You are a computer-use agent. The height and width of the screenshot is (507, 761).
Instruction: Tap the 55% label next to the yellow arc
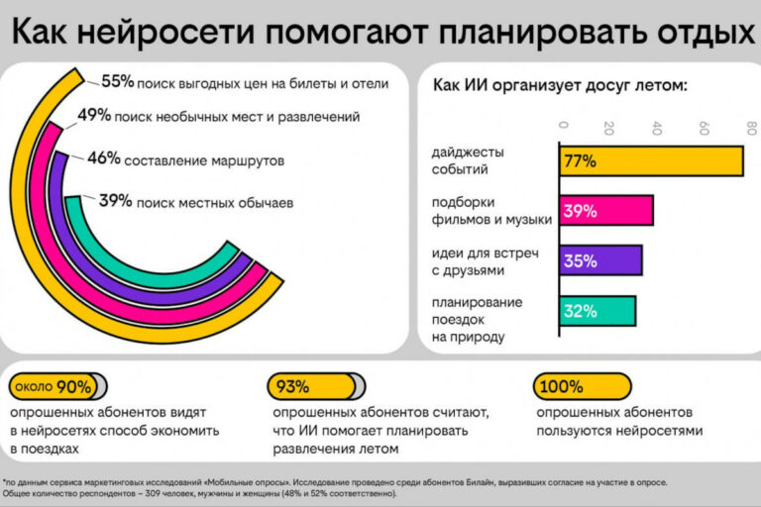117,82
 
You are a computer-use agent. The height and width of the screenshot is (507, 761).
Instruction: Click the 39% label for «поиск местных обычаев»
115,201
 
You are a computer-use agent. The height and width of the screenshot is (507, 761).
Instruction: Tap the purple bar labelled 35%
600,261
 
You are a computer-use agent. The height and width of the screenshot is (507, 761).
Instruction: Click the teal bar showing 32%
598,311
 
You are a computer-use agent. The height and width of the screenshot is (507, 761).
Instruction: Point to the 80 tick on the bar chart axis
750,128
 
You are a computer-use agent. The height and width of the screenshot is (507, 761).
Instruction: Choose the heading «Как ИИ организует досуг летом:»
560,84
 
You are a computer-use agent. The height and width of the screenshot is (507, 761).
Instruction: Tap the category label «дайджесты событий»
469,160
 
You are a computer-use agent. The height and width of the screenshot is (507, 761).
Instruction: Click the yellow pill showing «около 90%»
54,386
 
